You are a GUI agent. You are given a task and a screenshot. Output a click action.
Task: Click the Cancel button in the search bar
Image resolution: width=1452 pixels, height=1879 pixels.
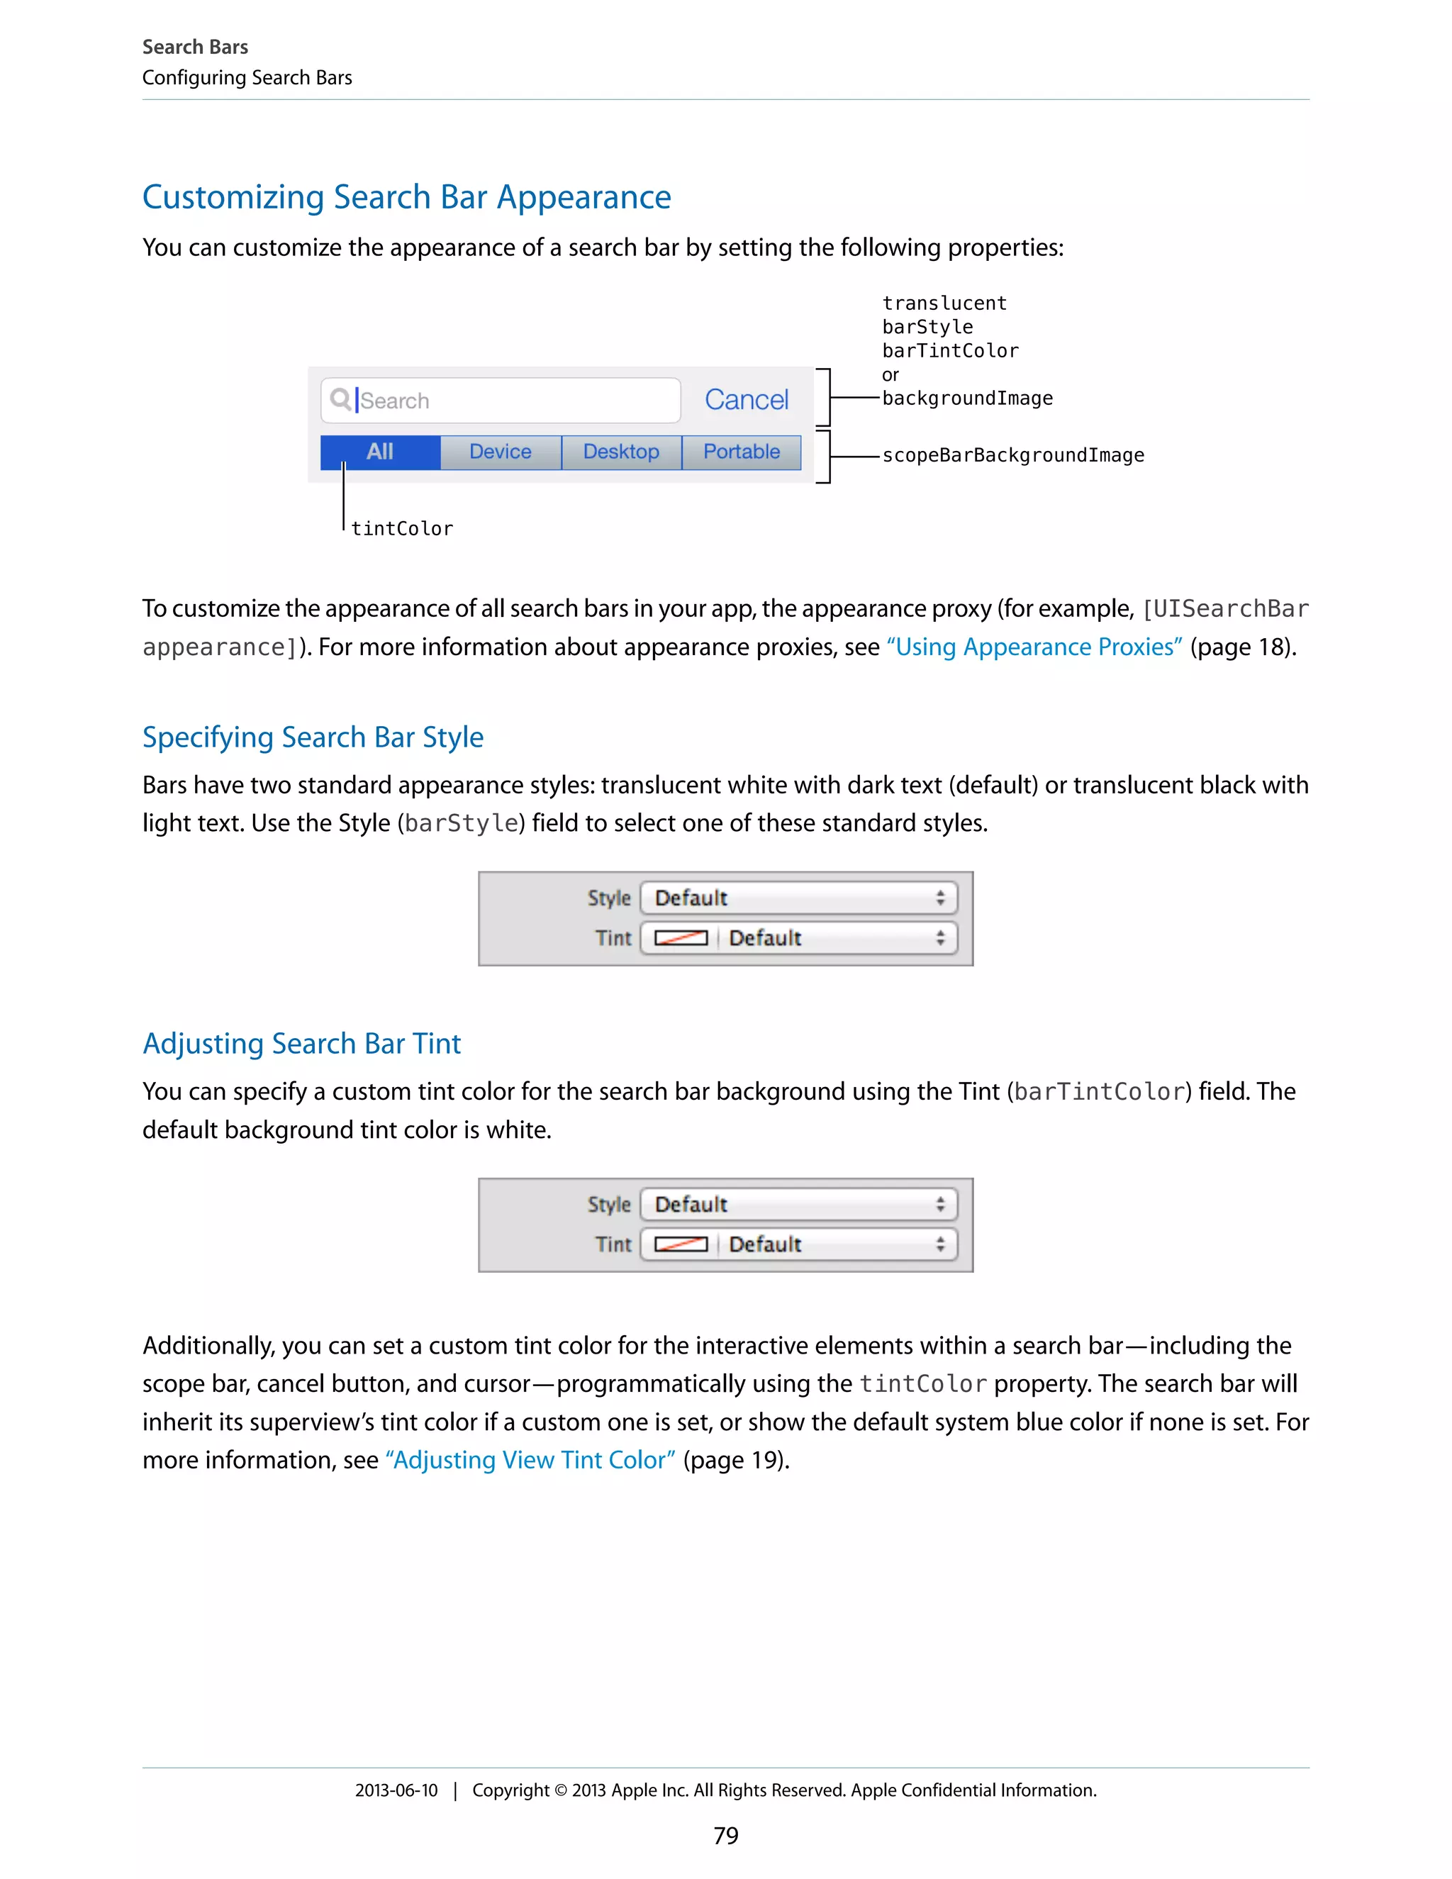(746, 400)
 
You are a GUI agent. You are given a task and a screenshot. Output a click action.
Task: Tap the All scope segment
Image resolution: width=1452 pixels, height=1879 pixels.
(380, 452)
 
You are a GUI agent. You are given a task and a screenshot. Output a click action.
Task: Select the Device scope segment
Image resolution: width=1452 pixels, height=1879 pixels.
(501, 452)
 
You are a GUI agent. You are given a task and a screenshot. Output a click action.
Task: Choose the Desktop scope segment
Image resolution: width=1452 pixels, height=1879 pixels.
(621, 452)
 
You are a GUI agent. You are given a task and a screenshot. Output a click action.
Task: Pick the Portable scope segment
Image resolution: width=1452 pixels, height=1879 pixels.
(742, 452)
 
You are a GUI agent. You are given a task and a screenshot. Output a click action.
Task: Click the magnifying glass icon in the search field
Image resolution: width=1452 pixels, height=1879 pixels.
(340, 399)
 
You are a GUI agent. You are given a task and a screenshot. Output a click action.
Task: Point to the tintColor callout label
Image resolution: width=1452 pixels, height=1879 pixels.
(402, 528)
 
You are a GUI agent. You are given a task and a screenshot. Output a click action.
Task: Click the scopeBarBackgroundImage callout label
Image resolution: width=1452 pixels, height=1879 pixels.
(1012, 455)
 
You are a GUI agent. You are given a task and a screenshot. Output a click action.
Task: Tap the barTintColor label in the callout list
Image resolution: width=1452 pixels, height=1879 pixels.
(949, 351)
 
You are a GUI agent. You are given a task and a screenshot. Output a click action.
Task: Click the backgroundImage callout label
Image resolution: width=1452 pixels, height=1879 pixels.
(967, 398)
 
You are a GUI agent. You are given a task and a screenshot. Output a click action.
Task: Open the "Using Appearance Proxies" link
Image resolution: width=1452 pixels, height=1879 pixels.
(1034, 647)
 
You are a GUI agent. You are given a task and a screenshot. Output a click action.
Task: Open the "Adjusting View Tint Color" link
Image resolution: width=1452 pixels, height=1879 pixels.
(530, 1460)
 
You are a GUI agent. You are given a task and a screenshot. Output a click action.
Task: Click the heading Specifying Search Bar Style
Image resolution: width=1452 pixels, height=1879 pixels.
(313, 737)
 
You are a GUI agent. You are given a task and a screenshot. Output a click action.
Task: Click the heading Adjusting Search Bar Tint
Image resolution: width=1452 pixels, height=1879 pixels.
(302, 1044)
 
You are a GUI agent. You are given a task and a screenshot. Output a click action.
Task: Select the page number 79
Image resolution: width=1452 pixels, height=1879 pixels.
(726, 1836)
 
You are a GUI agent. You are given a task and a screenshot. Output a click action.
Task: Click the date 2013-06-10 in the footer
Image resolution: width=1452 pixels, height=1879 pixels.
(396, 1790)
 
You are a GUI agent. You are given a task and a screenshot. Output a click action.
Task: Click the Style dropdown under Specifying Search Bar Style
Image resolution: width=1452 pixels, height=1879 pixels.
(798, 898)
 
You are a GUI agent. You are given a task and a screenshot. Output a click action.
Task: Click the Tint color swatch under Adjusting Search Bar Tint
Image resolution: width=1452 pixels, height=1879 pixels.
(681, 1244)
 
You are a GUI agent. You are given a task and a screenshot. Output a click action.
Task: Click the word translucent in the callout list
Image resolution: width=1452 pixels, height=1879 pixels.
(944, 303)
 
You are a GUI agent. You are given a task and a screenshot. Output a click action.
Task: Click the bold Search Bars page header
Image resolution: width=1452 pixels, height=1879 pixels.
(195, 48)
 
